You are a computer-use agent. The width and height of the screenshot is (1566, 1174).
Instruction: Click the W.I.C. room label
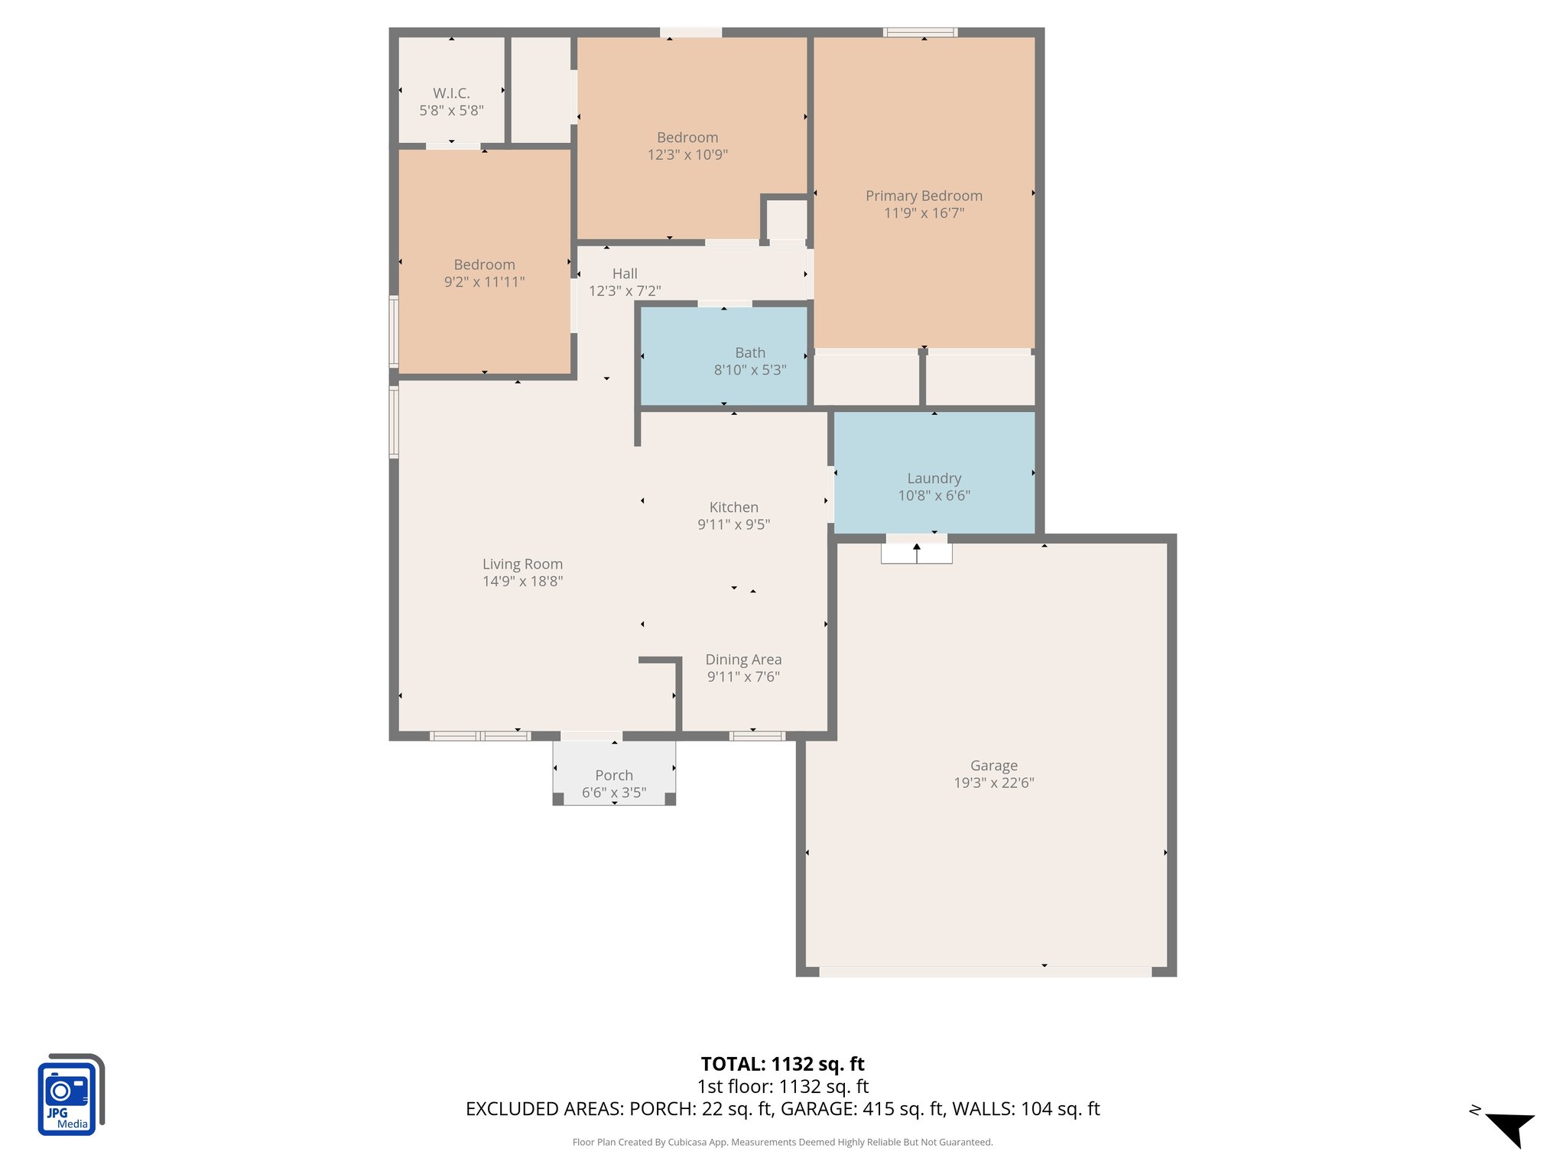pyautogui.click(x=451, y=93)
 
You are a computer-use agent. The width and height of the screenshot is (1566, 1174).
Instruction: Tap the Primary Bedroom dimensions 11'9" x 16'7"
pyautogui.click(x=924, y=213)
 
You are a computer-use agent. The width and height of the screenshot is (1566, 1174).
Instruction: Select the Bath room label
pyautogui.click(x=749, y=352)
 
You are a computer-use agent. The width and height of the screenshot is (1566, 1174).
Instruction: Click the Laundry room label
pyautogui.click(x=934, y=478)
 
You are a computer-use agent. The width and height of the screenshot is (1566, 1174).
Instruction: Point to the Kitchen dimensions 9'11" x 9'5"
pyautogui.click(x=733, y=524)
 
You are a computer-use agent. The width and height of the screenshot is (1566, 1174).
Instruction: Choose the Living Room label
pyautogui.click(x=522, y=564)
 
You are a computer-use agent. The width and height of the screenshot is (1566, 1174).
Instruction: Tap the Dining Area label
pyautogui.click(x=743, y=660)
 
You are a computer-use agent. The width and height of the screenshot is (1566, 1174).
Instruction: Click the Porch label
pyautogui.click(x=613, y=775)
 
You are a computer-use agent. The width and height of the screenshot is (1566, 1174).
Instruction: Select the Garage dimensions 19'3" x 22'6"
pyautogui.click(x=993, y=783)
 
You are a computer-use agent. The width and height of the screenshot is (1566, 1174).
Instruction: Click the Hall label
pyautogui.click(x=625, y=274)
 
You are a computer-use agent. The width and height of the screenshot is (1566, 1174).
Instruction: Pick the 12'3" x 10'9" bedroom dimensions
pyautogui.click(x=687, y=155)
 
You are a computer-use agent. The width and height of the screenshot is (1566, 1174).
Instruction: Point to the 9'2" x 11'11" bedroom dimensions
pyautogui.click(x=484, y=282)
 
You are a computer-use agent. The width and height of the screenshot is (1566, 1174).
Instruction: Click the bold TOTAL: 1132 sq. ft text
pyautogui.click(x=782, y=1064)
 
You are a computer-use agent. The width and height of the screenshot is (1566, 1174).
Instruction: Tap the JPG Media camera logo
pyautogui.click(x=69, y=1095)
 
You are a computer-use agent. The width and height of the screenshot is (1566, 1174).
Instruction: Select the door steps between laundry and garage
pyautogui.click(x=916, y=553)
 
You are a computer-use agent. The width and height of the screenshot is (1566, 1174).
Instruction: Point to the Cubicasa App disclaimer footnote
pyautogui.click(x=782, y=1143)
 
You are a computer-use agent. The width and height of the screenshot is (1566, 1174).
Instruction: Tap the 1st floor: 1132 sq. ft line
pyautogui.click(x=782, y=1086)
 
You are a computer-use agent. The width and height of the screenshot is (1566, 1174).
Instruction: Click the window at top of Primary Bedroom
pyautogui.click(x=920, y=32)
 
